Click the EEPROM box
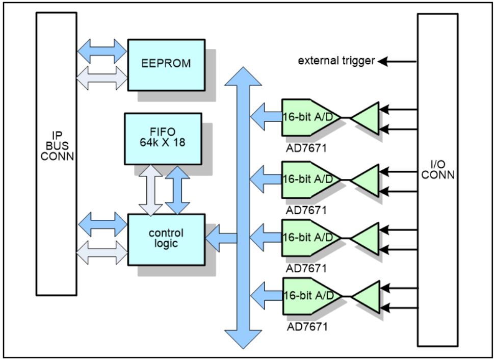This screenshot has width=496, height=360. [166, 64]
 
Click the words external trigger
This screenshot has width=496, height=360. [336, 61]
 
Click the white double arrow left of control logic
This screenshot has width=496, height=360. [102, 252]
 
